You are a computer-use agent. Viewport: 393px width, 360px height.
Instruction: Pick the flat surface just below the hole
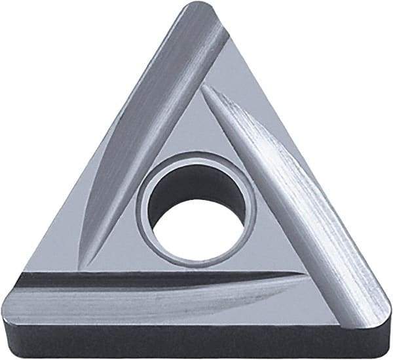click(x=196, y=256)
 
